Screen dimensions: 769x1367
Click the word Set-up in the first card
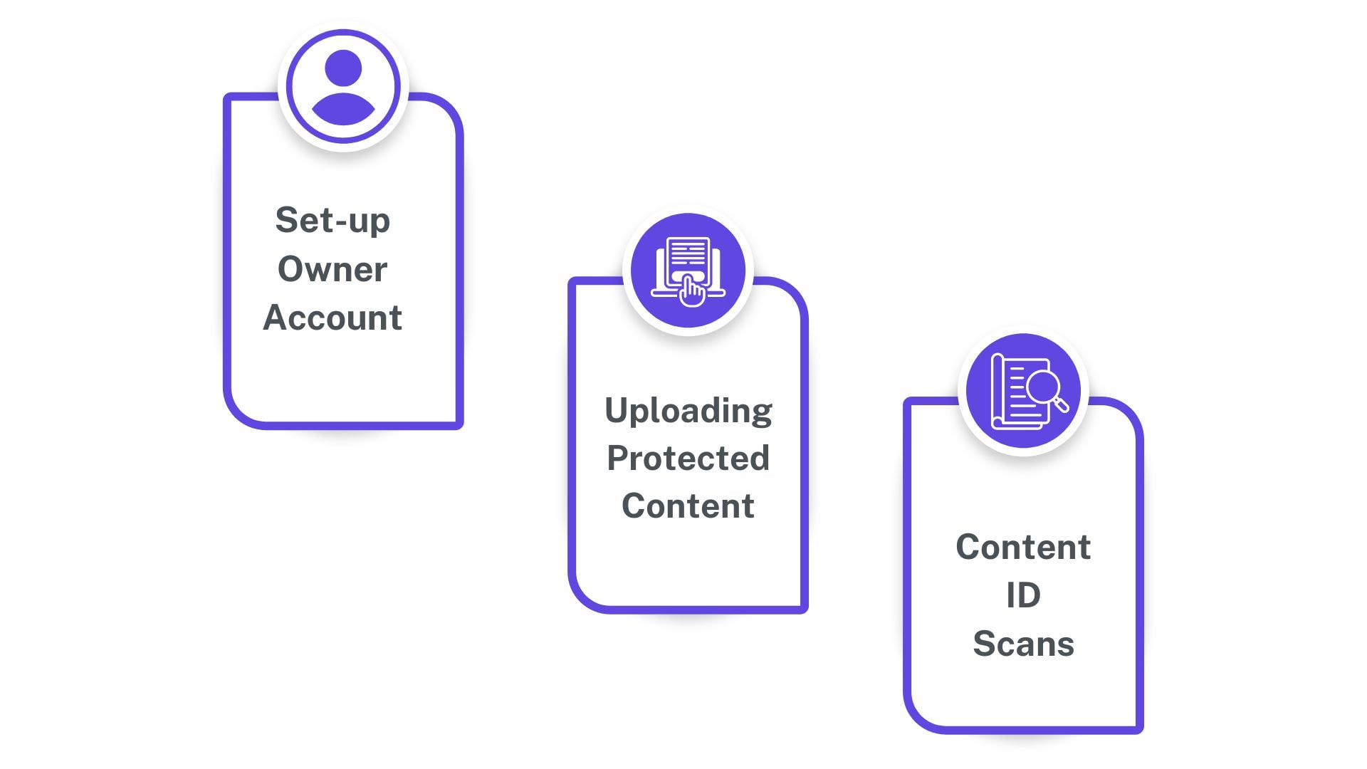click(332, 221)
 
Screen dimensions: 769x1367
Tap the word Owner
click(332, 269)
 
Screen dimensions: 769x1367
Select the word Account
click(332, 318)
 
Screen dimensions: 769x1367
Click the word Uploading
click(688, 411)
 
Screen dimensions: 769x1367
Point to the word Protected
click(688, 459)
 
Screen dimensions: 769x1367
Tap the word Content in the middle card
click(688, 506)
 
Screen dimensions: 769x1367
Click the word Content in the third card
click(1023, 548)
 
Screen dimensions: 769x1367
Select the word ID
click(1023, 595)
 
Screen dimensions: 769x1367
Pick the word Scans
click(1023, 644)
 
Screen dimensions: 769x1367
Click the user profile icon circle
click(343, 87)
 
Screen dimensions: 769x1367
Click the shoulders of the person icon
click(343, 110)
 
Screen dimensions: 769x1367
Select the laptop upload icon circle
click(688, 271)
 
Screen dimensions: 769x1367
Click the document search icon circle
click(1023, 391)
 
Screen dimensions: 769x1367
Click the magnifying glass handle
click(1062, 406)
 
